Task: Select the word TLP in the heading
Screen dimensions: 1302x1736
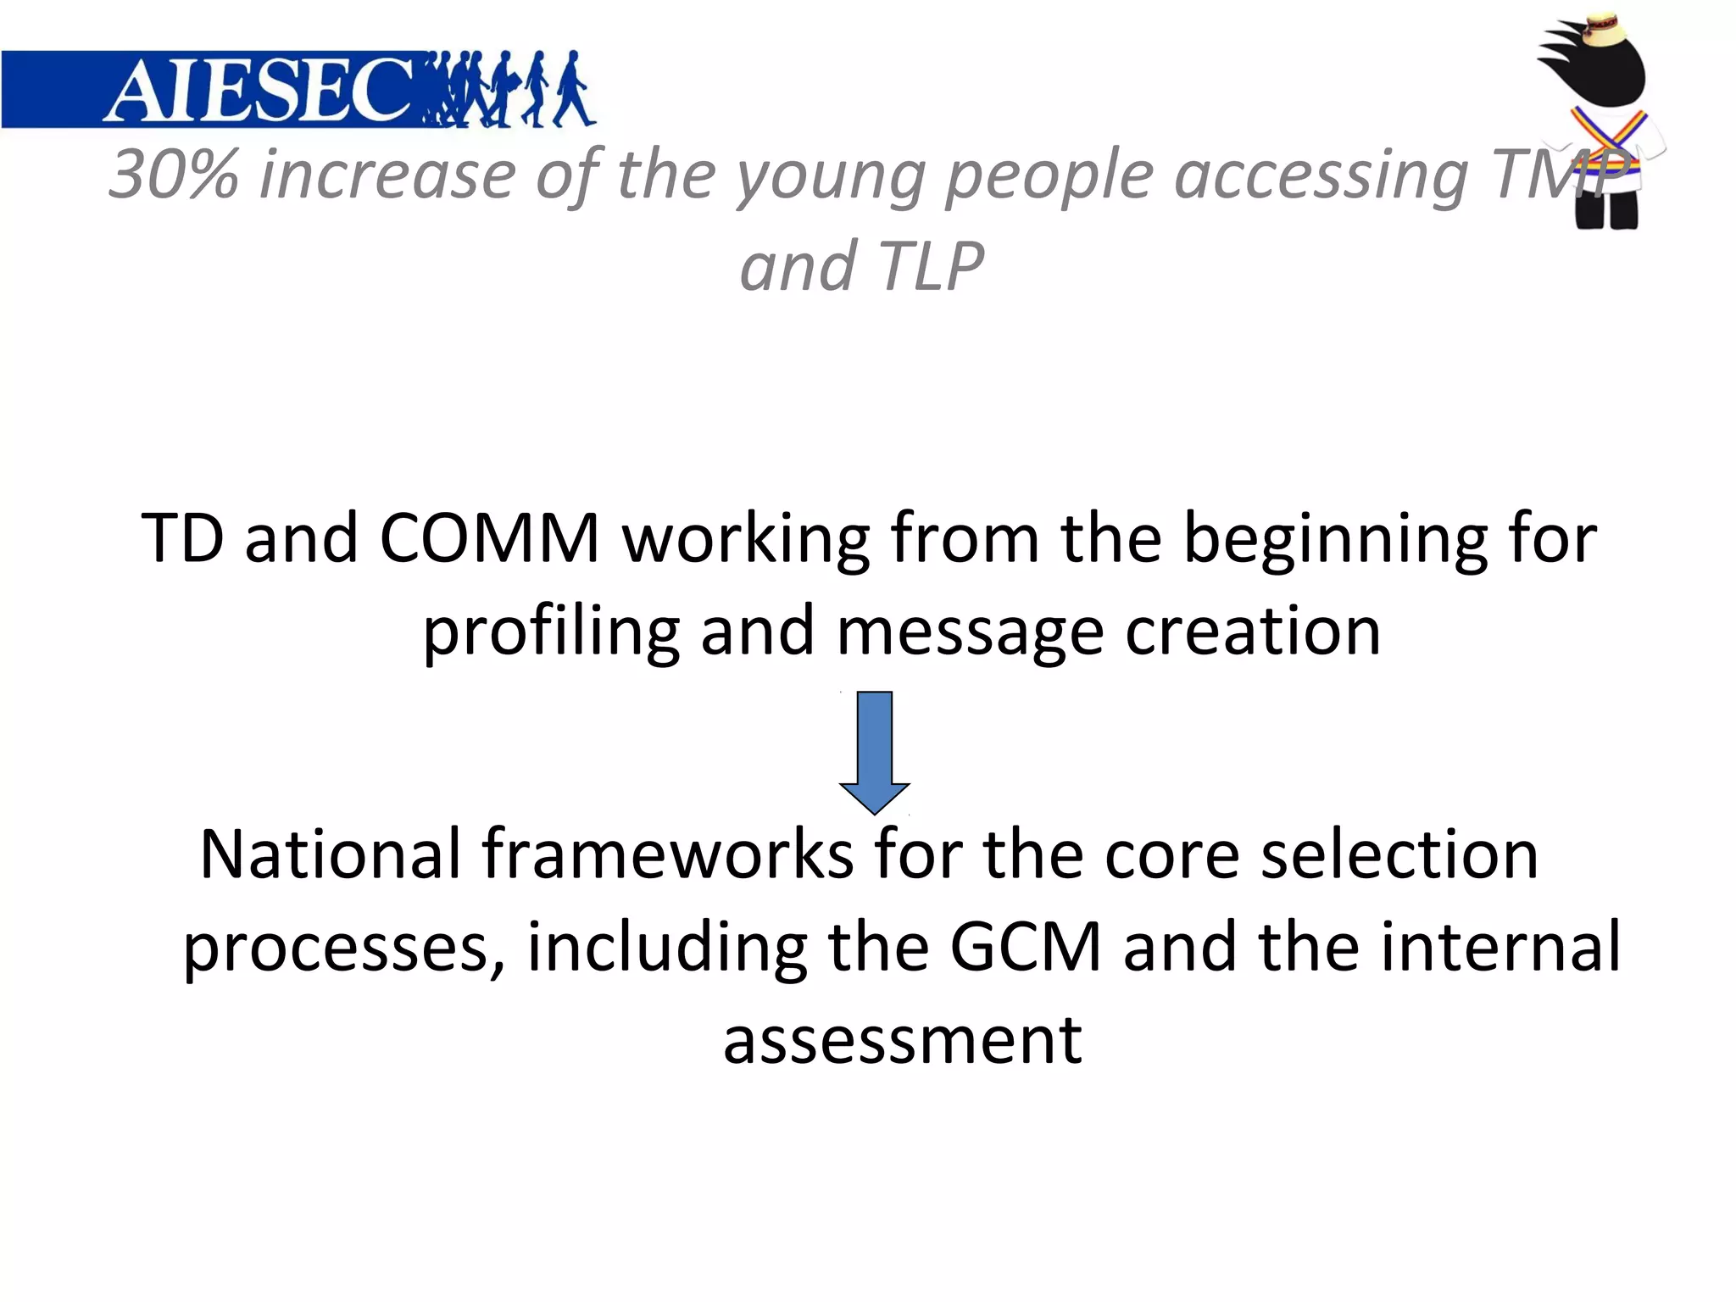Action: coord(931,267)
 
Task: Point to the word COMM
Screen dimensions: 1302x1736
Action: coord(489,538)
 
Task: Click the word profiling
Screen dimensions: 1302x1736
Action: coord(551,632)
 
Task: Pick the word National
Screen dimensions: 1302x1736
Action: coord(330,854)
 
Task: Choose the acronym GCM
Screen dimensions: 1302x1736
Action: coord(1025,947)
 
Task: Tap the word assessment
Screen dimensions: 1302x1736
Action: coord(903,1040)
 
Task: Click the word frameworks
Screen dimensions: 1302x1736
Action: coord(668,854)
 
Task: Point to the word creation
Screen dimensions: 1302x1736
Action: coord(1253,632)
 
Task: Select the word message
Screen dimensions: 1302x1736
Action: coord(970,633)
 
